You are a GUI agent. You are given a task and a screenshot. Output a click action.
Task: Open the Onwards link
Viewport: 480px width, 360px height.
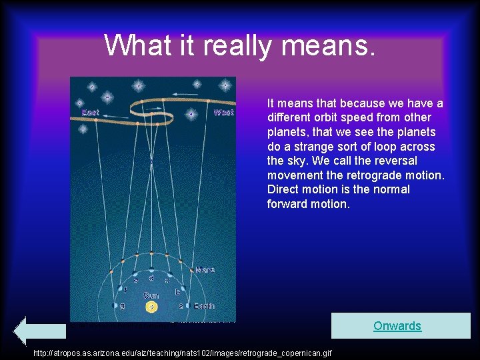pyautogui.click(x=397, y=326)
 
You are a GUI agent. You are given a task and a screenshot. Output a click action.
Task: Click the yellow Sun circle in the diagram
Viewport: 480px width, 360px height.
pyautogui.click(x=152, y=307)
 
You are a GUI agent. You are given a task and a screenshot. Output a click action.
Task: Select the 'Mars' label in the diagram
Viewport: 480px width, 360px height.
pyautogui.click(x=205, y=270)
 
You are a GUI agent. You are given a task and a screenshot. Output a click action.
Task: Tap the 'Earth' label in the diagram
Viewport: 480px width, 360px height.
pyautogui.click(x=204, y=306)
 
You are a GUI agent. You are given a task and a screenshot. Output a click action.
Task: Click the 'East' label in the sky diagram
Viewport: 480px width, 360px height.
pyautogui.click(x=90, y=113)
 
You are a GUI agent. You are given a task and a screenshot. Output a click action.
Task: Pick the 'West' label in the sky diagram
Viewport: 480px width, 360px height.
pyautogui.click(x=223, y=113)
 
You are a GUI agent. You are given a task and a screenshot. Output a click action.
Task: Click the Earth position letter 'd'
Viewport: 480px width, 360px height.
pyautogui.click(x=151, y=277)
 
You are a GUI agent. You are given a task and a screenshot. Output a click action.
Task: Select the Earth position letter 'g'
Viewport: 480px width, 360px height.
pyautogui.click(x=121, y=306)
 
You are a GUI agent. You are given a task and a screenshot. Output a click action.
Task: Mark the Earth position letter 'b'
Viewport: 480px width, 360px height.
pyautogui.click(x=177, y=291)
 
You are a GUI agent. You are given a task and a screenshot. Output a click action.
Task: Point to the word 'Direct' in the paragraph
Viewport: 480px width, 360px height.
pyautogui.click(x=284, y=189)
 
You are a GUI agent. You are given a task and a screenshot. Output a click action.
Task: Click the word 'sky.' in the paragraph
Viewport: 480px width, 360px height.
pyautogui.click(x=301, y=161)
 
